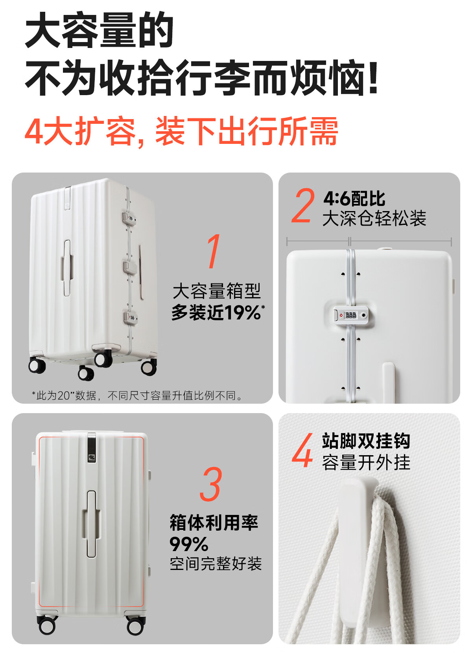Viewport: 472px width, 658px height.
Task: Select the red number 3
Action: click(210, 484)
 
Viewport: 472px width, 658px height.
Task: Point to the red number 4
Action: click(303, 450)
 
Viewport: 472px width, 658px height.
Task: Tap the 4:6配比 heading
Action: click(354, 199)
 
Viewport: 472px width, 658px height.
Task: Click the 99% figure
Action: click(189, 544)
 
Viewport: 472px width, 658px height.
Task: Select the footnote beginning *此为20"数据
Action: click(137, 396)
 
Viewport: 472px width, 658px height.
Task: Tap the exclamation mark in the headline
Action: click(372, 77)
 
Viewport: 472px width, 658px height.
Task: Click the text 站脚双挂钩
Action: click(366, 441)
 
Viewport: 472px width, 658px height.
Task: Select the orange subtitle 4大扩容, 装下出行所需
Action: click(181, 131)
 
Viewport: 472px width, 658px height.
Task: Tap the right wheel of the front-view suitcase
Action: click(135, 625)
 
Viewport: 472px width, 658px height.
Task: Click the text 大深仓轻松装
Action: click(374, 218)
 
